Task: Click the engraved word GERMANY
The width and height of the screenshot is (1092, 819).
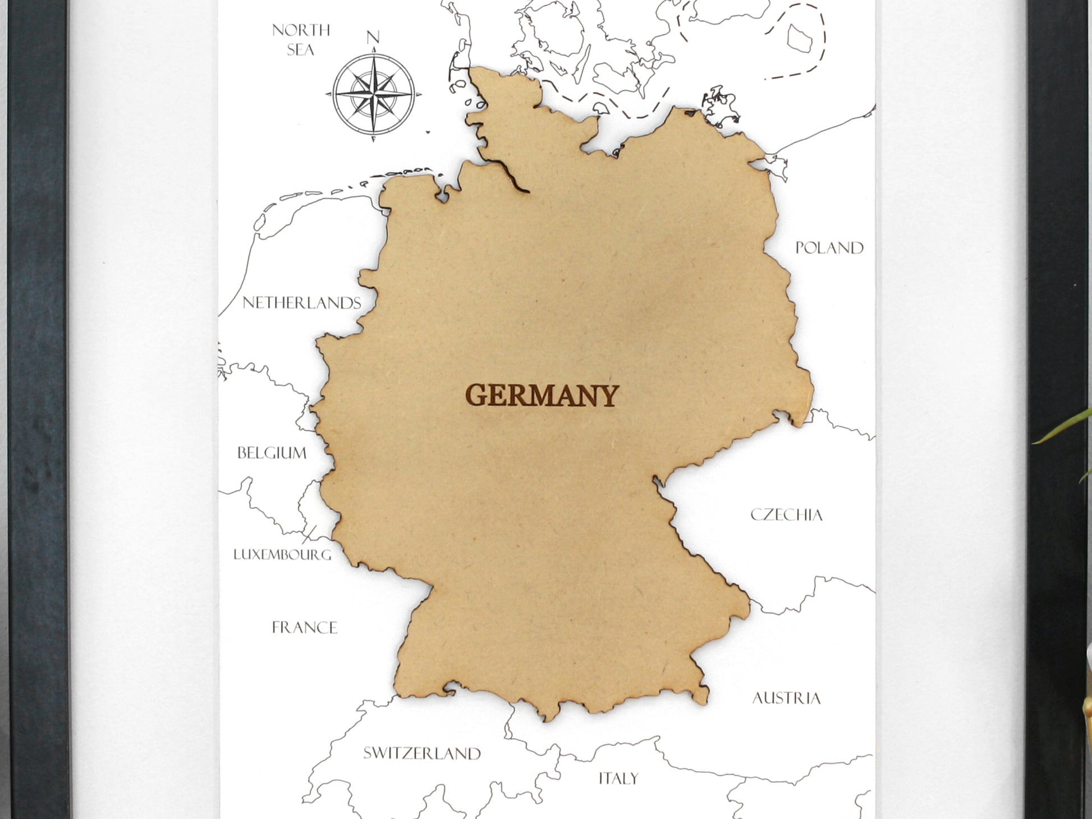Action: (542, 395)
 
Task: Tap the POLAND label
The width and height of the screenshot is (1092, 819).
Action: (829, 248)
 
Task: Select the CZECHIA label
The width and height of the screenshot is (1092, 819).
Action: (786, 515)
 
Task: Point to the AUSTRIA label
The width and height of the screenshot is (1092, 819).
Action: (786, 698)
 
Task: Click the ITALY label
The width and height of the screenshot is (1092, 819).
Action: (618, 779)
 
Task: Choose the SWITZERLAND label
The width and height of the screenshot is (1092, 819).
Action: (422, 753)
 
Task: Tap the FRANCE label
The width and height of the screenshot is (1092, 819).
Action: (305, 627)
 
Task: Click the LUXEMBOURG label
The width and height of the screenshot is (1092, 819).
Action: (282, 555)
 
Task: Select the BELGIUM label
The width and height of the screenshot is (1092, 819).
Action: (272, 453)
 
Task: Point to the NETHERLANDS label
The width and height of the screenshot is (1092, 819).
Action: (302, 303)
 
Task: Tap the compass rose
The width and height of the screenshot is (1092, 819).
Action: (374, 94)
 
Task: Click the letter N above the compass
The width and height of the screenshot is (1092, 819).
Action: (373, 38)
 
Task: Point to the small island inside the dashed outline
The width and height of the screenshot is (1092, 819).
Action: (800, 38)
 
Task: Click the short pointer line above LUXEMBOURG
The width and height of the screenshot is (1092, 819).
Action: (309, 533)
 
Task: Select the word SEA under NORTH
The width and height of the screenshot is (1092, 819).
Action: (301, 50)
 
